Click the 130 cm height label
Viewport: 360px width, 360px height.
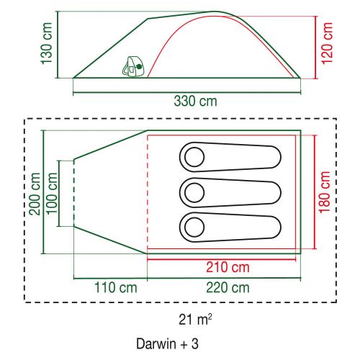pyautogui.click(x=47, y=43)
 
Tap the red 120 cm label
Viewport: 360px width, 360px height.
pyautogui.click(x=327, y=43)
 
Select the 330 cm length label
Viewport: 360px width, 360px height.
pyautogui.click(x=195, y=101)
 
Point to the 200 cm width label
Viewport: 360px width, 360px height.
pyautogui.click(x=35, y=194)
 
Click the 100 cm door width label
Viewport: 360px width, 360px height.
pyautogui.click(x=52, y=194)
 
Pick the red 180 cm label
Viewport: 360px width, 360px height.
pyautogui.click(x=324, y=192)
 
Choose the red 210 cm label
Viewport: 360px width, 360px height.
pyautogui.click(x=228, y=267)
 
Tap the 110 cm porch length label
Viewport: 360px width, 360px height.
pyautogui.click(x=116, y=287)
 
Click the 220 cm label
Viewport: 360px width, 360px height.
pyautogui.click(x=228, y=287)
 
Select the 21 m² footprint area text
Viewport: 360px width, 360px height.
pyautogui.click(x=195, y=320)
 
